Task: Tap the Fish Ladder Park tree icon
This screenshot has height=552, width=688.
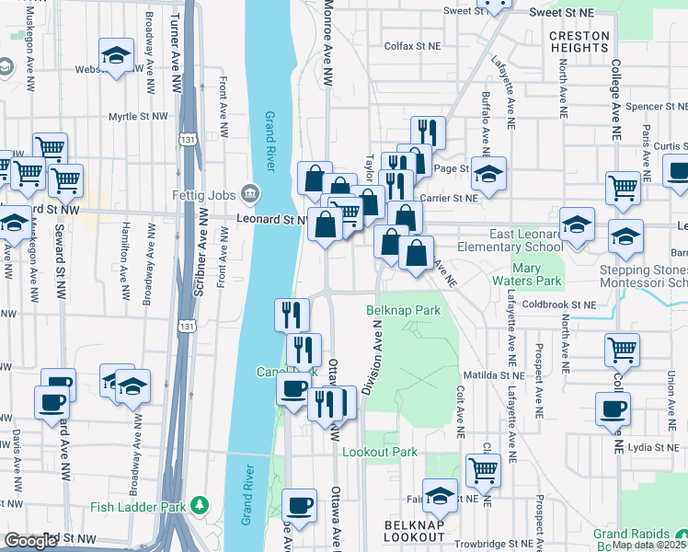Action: click(x=199, y=507)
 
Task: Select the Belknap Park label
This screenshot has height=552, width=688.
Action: click(x=405, y=311)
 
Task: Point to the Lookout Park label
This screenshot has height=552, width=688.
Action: click(x=380, y=453)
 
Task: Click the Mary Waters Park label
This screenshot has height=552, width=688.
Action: click(x=536, y=273)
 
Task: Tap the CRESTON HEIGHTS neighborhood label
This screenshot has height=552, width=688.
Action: click(x=579, y=42)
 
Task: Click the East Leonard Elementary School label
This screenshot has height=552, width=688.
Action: click(x=512, y=240)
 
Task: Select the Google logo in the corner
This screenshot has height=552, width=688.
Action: click(x=30, y=541)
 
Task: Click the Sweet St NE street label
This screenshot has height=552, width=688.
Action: click(x=564, y=12)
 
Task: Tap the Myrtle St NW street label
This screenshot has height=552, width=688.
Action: click(x=141, y=117)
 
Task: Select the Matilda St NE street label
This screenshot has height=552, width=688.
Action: click(x=491, y=375)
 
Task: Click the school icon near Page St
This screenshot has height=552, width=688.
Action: click(x=489, y=173)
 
